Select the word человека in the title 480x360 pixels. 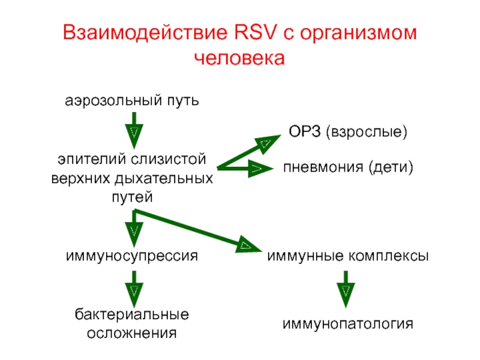coord(239,59)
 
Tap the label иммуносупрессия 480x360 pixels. coord(132,256)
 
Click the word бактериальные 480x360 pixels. coord(132,314)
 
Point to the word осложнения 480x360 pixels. coord(132,332)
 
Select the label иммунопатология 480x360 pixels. coord(349,324)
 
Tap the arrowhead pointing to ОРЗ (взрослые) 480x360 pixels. coord(266,142)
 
